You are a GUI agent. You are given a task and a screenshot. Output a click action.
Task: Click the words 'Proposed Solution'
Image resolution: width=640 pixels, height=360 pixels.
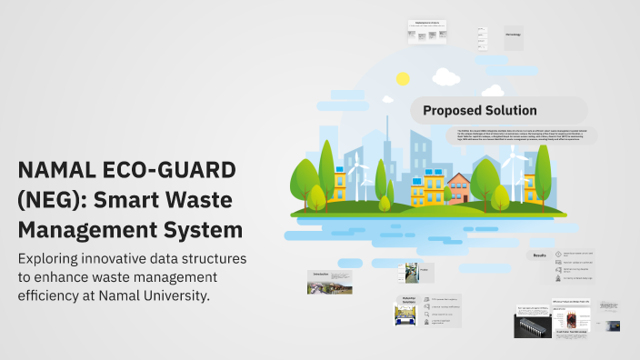pos(480,110)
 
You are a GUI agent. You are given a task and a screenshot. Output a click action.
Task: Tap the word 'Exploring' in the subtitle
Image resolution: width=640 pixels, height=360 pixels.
pos(56,259)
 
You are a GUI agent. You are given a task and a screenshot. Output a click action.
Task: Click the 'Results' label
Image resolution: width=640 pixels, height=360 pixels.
pos(539,256)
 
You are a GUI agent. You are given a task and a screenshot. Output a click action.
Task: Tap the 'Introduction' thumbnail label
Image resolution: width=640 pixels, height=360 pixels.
pos(320,273)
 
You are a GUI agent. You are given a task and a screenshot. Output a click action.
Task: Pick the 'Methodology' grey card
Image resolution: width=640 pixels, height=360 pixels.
pos(513,34)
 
